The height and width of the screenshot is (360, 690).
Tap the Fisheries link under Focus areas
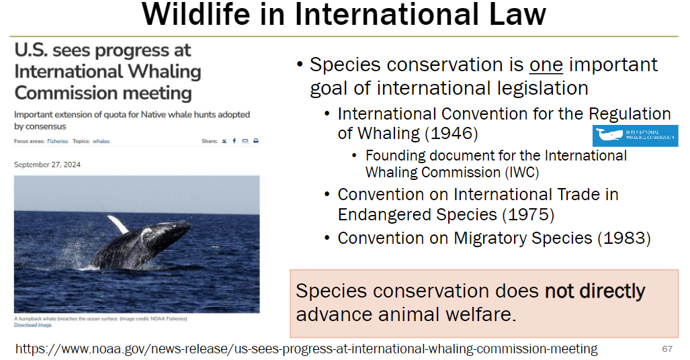tap(58, 141)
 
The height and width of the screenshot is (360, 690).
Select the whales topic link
tap(101, 141)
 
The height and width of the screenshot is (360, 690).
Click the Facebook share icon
tap(234, 141)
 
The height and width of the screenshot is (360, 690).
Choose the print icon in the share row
tap(256, 141)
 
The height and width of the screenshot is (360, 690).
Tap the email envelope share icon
tap(245, 141)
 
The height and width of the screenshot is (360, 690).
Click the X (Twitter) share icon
tap(224, 141)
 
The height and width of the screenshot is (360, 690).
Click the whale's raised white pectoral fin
tap(118, 224)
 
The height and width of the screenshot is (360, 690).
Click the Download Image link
tap(32, 324)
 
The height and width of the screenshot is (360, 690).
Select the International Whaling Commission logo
tap(635, 136)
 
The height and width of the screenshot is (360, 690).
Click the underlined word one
tap(546, 65)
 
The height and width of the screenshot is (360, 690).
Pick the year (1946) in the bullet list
tap(451, 134)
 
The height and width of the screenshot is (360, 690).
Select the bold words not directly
tap(595, 291)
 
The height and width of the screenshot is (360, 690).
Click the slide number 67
tap(666, 349)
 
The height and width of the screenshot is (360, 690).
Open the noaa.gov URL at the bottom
tap(306, 349)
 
